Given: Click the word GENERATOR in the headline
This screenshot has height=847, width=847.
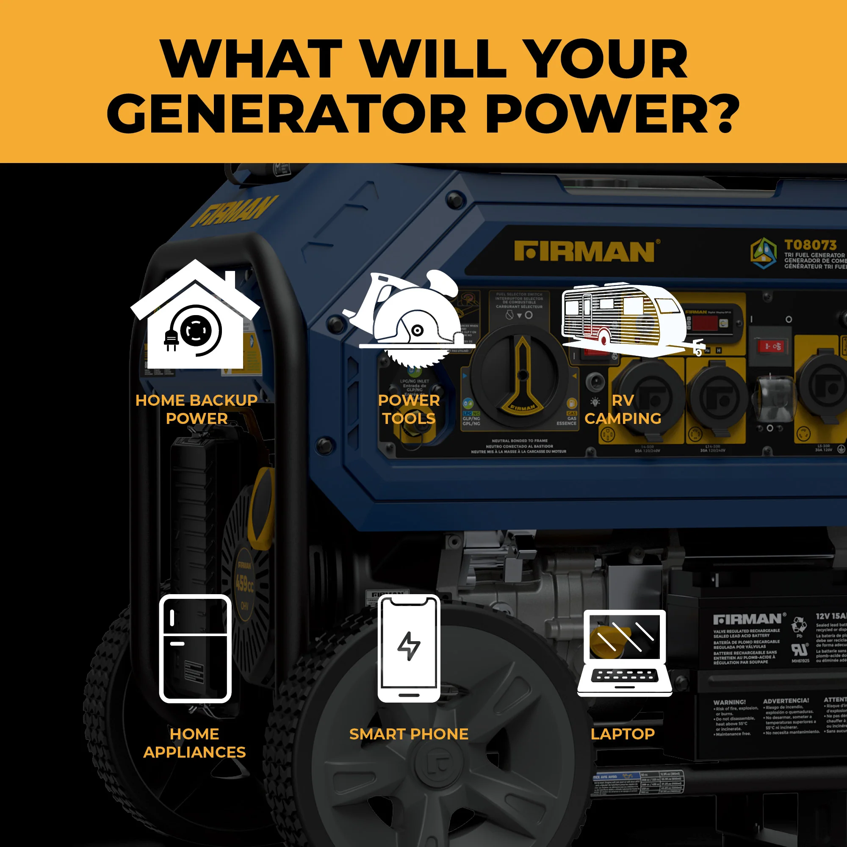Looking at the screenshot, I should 286,114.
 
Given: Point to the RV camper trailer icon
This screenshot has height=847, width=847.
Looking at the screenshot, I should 627,320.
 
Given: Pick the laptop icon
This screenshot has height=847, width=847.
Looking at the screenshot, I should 624,653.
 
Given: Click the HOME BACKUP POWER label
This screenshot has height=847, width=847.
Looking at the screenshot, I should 196,409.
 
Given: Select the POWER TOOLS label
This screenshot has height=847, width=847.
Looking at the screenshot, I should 409,409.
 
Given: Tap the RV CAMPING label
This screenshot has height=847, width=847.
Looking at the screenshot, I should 623,409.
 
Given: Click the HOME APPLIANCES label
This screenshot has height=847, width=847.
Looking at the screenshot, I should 194,743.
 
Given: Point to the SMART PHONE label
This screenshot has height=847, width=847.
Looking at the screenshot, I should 409,734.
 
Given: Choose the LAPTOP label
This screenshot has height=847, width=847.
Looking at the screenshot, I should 623,734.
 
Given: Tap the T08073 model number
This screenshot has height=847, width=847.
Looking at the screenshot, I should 810,245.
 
